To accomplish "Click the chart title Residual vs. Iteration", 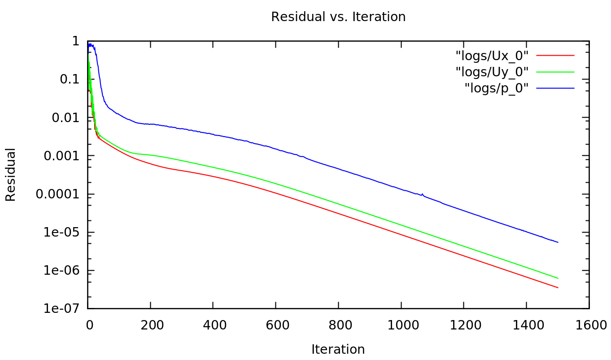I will pyautogui.click(x=338, y=17).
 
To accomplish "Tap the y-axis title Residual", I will pyautogui.click(x=10, y=175).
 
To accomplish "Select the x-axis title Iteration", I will pyautogui.click(x=338, y=349).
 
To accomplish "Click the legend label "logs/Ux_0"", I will pyautogui.click(x=492, y=56).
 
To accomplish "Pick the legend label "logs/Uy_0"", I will pyautogui.click(x=492, y=72).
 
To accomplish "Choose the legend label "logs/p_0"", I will pyautogui.click(x=497, y=88).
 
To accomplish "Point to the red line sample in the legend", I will pyautogui.click(x=555, y=55).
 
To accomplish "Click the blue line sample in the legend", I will pyautogui.click(x=555, y=88).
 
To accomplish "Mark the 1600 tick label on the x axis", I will pyautogui.click(x=589, y=325).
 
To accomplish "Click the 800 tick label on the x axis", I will pyautogui.click(x=338, y=325).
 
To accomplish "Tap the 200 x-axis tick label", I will pyautogui.click(x=150, y=325).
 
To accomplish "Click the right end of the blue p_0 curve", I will pyautogui.click(x=558, y=242).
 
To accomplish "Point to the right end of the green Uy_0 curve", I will pyautogui.click(x=558, y=278).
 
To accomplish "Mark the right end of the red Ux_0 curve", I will pyautogui.click(x=558, y=288).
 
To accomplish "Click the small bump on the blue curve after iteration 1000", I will pyautogui.click(x=422, y=194).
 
